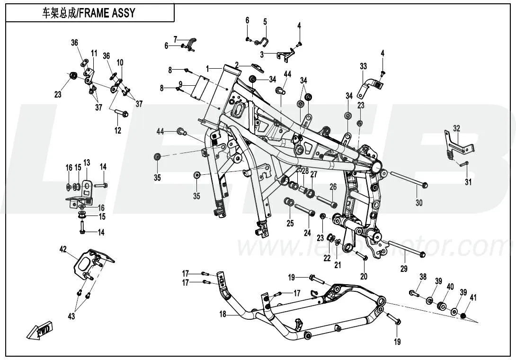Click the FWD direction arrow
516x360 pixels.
pos(40,330)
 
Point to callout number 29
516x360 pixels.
pos(404,268)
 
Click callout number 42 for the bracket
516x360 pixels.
pos(63,248)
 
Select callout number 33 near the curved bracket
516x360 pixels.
pos(363,66)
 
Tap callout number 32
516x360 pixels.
pos(456,128)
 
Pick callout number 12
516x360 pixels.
pos(118,130)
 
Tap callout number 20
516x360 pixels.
pos(364,276)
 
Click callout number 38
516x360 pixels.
pos(423,277)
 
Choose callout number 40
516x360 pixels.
pos(450,286)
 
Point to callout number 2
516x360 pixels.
pos(237,64)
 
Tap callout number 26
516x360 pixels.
pos(333,186)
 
